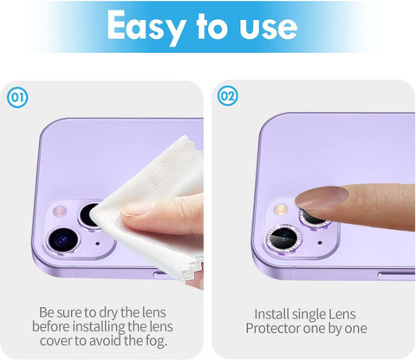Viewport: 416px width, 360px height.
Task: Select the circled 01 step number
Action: click(x=17, y=97)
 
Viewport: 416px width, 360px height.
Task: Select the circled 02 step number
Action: click(x=228, y=95)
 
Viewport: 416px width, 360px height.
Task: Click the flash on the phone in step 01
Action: click(x=60, y=212)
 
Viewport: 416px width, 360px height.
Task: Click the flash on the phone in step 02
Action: click(x=280, y=209)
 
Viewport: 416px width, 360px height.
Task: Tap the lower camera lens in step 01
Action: click(x=63, y=240)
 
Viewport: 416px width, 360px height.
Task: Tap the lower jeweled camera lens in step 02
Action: click(x=284, y=239)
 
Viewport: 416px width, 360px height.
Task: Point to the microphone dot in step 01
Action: click(x=97, y=244)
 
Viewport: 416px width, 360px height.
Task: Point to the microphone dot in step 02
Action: click(x=320, y=242)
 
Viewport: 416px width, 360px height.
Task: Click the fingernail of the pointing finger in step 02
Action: click(x=322, y=198)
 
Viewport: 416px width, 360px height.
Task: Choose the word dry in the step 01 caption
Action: click(x=107, y=312)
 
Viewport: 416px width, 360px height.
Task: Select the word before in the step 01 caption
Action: click(x=51, y=326)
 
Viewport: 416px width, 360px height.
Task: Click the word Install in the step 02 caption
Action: click(x=271, y=314)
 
